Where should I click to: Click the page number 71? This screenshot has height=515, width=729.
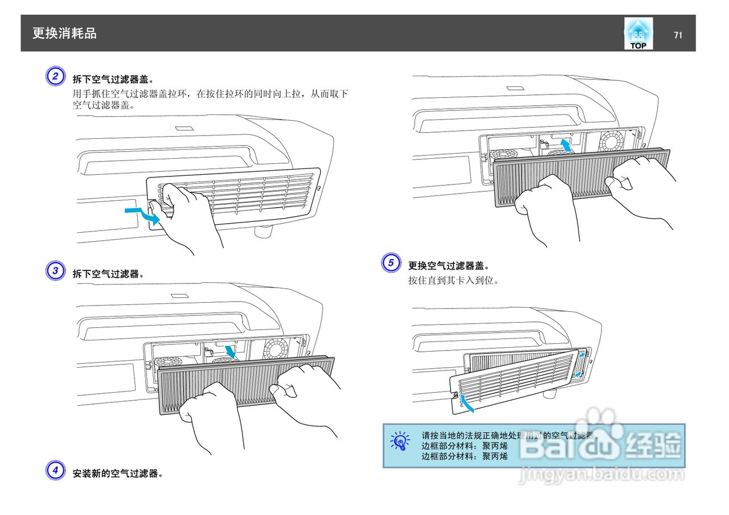click(678, 35)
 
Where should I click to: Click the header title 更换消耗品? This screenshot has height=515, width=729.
click(64, 34)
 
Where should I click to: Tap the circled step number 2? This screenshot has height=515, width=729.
click(55, 76)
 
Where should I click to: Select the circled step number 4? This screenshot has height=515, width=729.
click(55, 470)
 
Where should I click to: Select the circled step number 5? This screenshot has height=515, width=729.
click(391, 263)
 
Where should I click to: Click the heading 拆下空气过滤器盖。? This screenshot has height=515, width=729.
click(113, 79)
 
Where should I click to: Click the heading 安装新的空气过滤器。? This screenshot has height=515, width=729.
click(118, 473)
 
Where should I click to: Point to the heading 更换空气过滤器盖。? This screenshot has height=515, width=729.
click(449, 266)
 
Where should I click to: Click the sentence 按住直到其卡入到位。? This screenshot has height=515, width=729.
click(453, 281)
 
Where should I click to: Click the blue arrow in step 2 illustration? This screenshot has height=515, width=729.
click(142, 215)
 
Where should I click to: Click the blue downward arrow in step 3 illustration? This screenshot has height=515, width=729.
click(231, 352)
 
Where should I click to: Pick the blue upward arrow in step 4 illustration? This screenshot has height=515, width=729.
click(565, 145)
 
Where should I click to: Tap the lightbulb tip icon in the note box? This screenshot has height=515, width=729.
click(400, 440)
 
